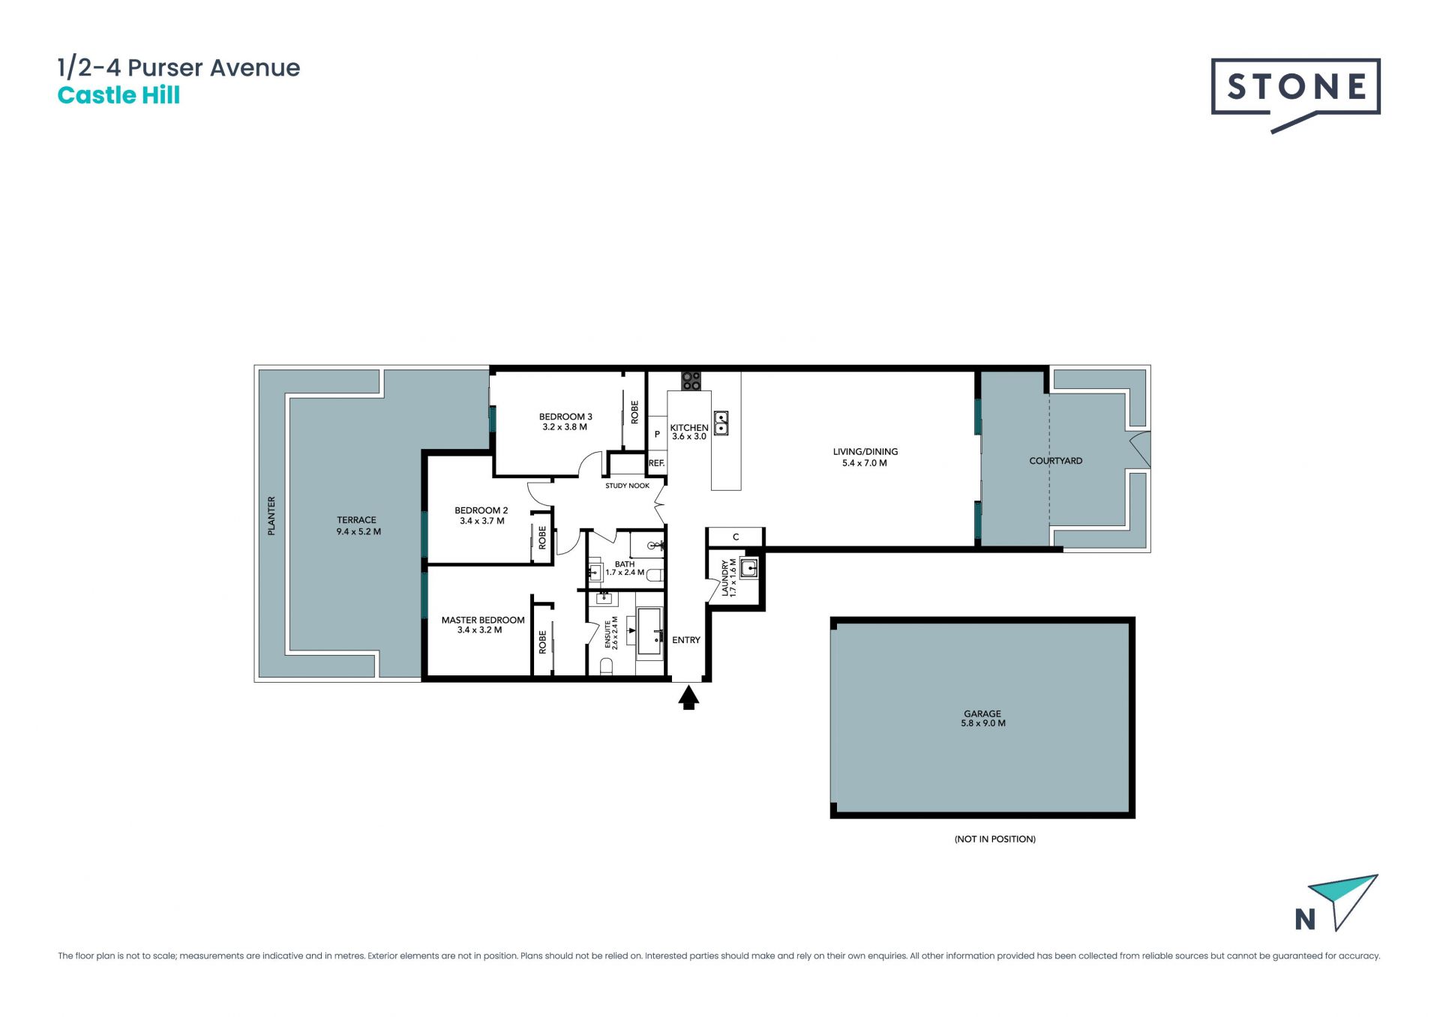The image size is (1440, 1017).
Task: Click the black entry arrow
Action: point(688,698)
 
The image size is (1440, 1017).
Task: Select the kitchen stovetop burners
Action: point(691,381)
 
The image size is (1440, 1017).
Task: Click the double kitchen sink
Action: point(721,423)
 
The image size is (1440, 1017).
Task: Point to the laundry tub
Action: point(749,568)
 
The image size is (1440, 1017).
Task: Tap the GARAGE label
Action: point(982,713)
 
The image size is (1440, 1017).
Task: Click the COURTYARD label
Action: point(1055,461)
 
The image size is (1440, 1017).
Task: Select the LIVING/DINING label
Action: point(865,451)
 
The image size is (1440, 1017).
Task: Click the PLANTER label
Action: point(271,516)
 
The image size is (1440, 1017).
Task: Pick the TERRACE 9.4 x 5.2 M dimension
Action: point(358,531)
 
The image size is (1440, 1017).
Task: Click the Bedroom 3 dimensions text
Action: point(565,427)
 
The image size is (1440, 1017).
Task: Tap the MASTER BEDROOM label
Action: point(483,620)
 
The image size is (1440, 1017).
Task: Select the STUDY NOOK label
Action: point(628,486)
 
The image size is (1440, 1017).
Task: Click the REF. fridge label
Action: point(656,463)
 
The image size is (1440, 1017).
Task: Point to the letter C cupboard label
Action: point(736,537)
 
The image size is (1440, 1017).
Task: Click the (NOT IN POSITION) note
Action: point(994,839)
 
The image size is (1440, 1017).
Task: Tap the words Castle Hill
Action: point(118,95)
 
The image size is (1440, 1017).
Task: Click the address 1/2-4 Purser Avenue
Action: point(178,67)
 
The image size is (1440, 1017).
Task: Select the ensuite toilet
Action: point(606,666)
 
